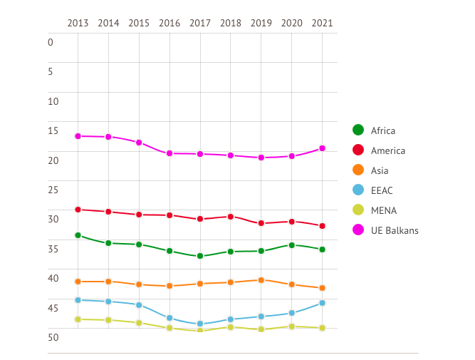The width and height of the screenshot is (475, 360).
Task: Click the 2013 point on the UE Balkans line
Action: pyautogui.click(x=78, y=136)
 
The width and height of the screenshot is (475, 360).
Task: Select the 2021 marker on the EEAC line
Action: pyautogui.click(x=323, y=303)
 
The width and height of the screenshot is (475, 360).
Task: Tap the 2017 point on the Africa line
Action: pyautogui.click(x=200, y=256)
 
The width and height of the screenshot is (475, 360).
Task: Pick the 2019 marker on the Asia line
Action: pyautogui.click(x=261, y=280)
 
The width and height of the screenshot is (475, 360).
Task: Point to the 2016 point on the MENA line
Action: pyautogui.click(x=169, y=328)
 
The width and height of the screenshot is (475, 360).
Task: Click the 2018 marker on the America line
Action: pyautogui.click(x=231, y=217)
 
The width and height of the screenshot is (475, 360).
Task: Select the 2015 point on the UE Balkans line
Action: pyautogui.click(x=139, y=143)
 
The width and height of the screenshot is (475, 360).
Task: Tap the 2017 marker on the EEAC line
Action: pyautogui.click(x=200, y=324)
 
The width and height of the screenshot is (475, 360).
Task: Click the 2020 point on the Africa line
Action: pyautogui.click(x=292, y=245)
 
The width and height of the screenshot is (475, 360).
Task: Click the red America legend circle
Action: pyautogui.click(x=358, y=150)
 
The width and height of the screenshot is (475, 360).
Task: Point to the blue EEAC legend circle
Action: pyautogui.click(x=358, y=190)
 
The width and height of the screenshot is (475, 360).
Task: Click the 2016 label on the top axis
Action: pyautogui.click(x=169, y=23)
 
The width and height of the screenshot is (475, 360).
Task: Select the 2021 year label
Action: pyautogui.click(x=323, y=23)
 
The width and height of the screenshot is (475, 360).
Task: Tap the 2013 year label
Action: pyautogui.click(x=78, y=23)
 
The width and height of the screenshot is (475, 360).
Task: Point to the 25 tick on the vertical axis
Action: pyautogui.click(x=51, y=189)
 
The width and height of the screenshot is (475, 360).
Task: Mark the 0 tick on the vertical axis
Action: pyautogui.click(x=51, y=42)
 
